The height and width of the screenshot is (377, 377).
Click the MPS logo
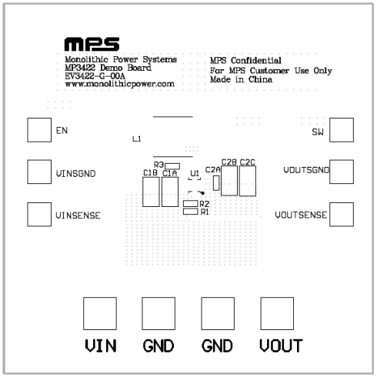(92, 45)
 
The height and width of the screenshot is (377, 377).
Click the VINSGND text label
(75, 174)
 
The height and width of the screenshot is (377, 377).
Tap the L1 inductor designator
(137, 138)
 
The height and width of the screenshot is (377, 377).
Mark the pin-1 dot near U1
(202, 193)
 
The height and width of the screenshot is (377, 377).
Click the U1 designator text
(195, 174)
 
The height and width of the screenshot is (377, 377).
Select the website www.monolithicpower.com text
(119, 84)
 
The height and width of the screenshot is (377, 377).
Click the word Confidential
(256, 61)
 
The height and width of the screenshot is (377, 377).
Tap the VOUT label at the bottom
(281, 345)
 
